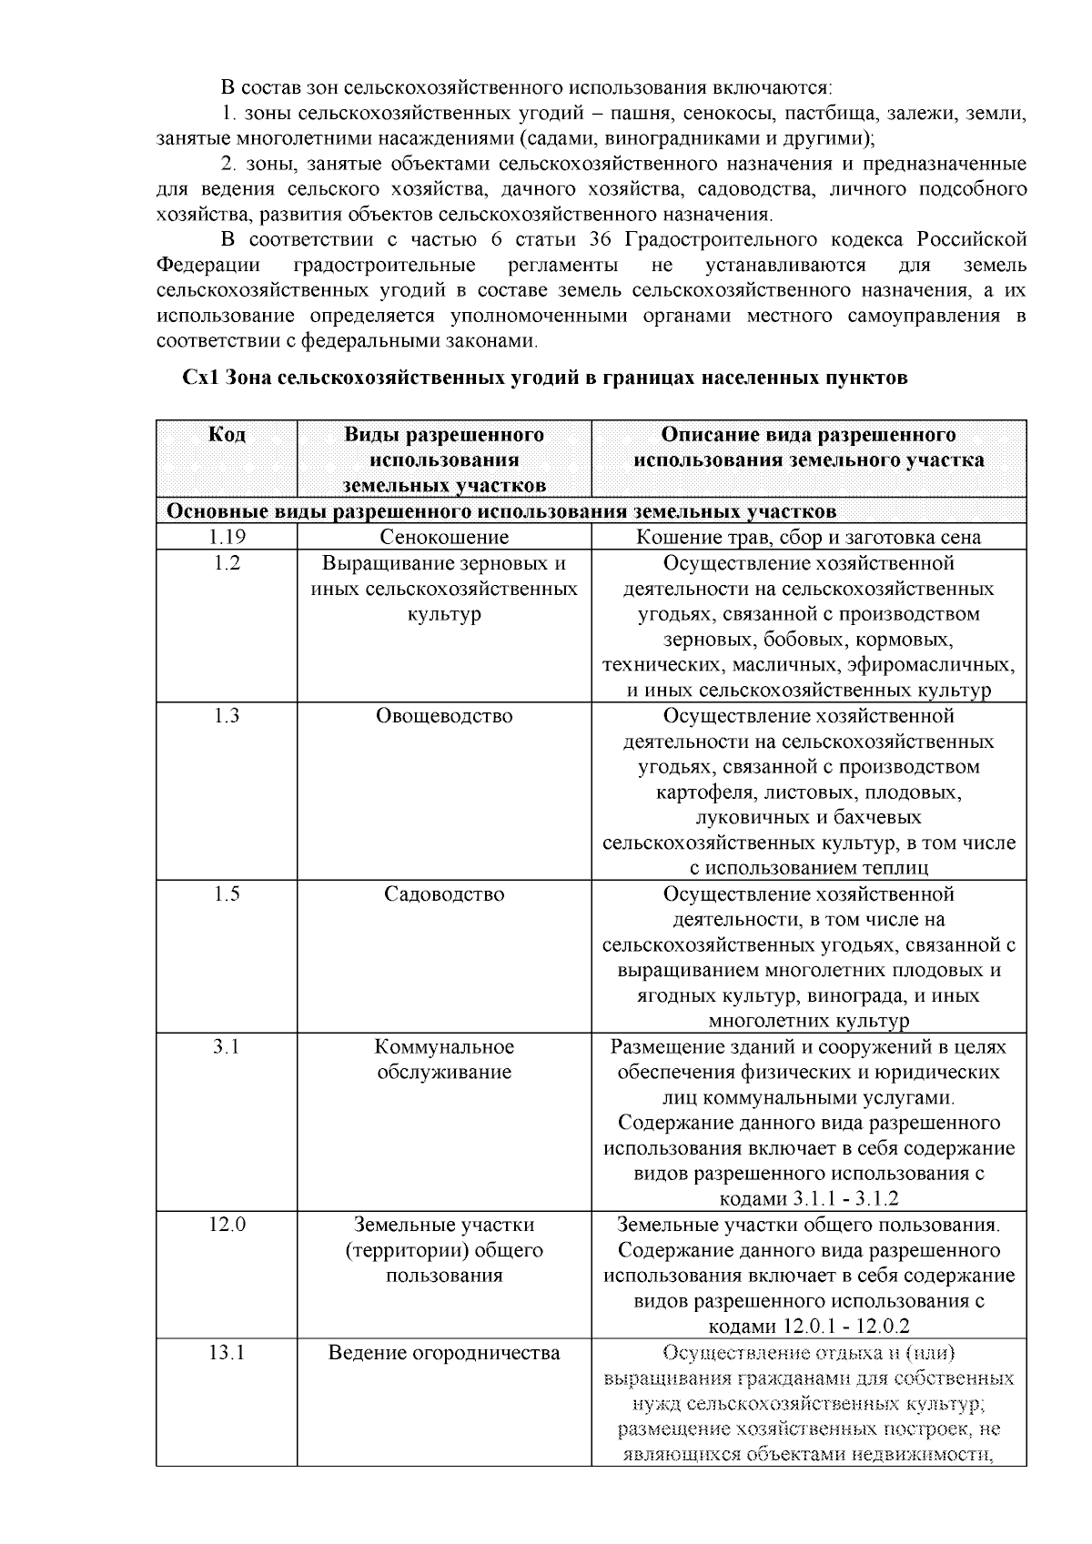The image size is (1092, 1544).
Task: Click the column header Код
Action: (x=227, y=435)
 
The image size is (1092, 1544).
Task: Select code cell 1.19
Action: (x=227, y=538)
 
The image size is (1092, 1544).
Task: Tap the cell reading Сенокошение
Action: (x=444, y=538)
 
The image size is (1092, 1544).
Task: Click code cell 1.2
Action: (x=227, y=563)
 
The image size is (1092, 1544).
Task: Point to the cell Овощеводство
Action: (x=444, y=716)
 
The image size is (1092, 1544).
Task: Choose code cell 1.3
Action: (x=227, y=716)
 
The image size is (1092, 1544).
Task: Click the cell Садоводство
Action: (x=444, y=894)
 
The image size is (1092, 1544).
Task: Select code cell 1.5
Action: (x=227, y=894)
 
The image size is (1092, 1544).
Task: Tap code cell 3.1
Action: (x=227, y=1047)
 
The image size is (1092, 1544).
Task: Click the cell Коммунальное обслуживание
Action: (x=444, y=1060)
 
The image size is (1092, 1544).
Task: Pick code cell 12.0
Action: (x=227, y=1226)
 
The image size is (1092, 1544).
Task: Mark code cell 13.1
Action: (x=227, y=1353)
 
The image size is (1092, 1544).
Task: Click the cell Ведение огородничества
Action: (x=444, y=1353)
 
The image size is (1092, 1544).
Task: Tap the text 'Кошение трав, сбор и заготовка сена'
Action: (x=808, y=538)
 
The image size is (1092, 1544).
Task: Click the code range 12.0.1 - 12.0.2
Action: (x=846, y=1327)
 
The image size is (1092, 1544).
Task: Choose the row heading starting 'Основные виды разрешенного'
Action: (x=500, y=511)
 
